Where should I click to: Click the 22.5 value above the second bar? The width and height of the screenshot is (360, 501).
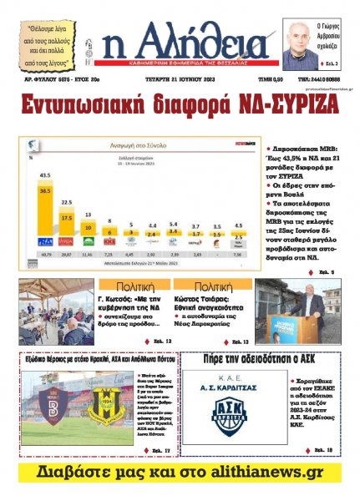[x=66, y=202]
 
